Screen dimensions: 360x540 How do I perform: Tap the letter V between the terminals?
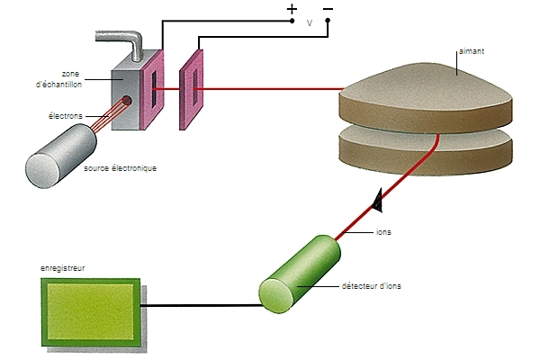click(310, 24)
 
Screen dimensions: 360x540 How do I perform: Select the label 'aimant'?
click(472, 52)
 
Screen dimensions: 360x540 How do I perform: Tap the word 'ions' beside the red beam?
click(383, 231)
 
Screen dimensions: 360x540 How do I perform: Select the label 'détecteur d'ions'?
click(372, 286)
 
